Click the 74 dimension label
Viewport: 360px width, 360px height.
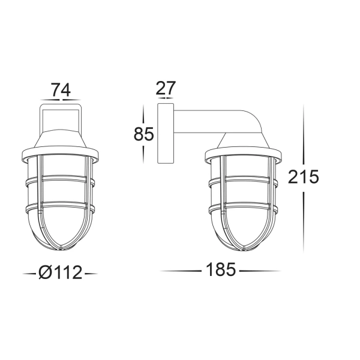point(61,91)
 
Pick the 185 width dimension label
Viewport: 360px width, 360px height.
point(220,270)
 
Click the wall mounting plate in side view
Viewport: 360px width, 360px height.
point(163,133)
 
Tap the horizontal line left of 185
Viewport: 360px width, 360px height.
point(180,271)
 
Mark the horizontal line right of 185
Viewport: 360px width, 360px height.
point(261,271)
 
